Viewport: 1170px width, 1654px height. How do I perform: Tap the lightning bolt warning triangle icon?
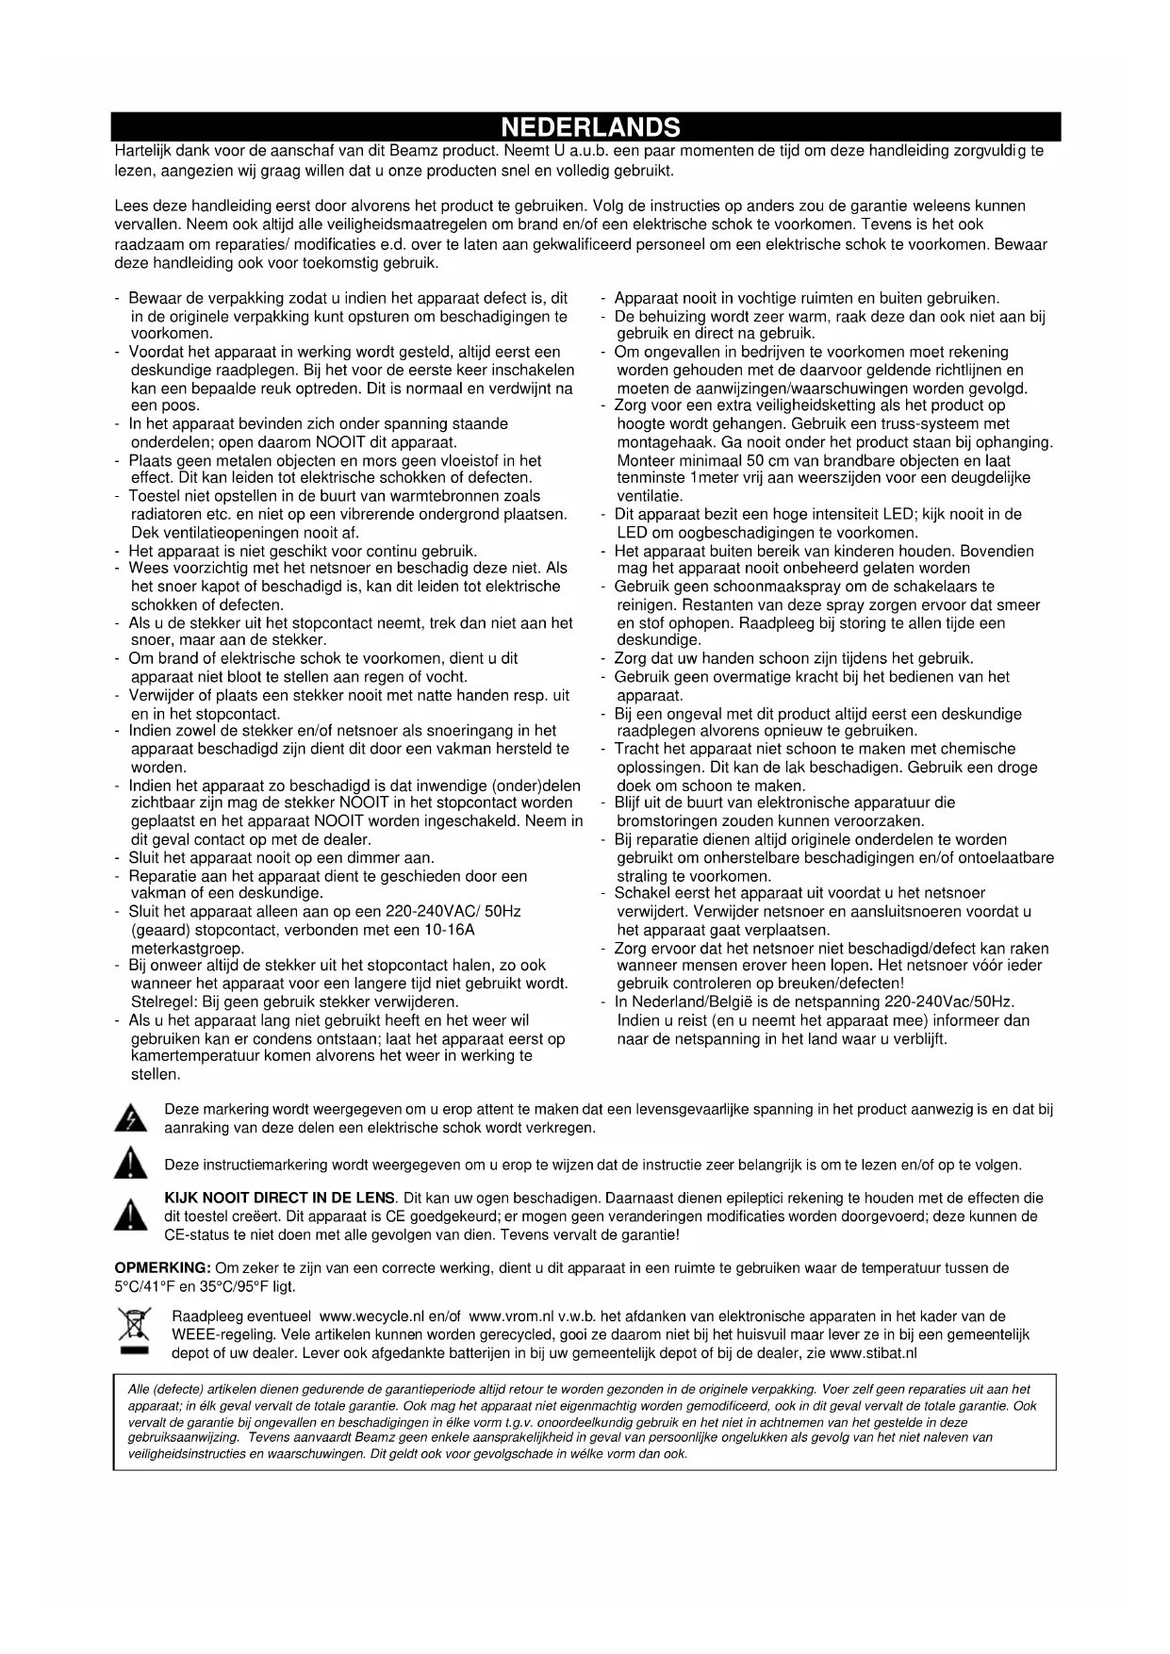[x=130, y=1119]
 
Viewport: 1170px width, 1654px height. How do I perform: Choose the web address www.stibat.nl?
[x=873, y=1353]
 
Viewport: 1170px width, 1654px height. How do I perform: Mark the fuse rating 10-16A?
[x=449, y=931]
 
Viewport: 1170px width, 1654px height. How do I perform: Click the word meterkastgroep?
[x=188, y=949]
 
